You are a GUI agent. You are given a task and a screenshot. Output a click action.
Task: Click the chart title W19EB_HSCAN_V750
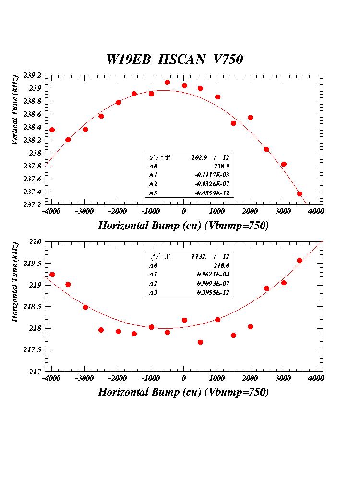175,60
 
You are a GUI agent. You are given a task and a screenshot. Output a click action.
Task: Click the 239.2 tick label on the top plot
32,75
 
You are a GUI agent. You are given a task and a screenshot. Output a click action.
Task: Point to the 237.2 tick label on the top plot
32,205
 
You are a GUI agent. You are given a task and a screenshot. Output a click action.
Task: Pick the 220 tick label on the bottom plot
36,242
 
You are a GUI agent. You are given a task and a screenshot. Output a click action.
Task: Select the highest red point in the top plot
167,83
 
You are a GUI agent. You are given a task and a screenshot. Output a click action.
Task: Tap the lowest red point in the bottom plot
200,342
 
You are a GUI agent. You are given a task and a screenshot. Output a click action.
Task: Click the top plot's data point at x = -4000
52,130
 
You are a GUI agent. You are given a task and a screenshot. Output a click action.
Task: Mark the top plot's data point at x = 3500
300,194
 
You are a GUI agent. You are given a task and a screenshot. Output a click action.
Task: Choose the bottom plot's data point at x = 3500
300,261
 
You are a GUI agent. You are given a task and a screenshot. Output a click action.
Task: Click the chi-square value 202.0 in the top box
199,157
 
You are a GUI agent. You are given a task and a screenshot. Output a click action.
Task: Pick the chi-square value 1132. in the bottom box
199,256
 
